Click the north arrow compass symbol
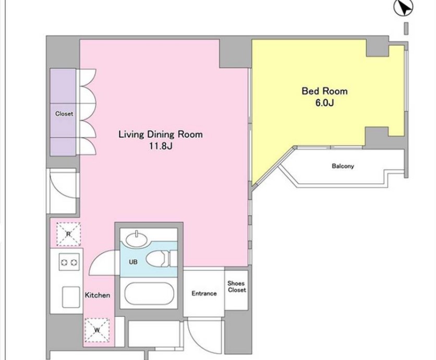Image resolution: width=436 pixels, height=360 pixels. pyautogui.click(x=403, y=7)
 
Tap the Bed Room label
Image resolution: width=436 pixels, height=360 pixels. pyautogui.click(x=324, y=91)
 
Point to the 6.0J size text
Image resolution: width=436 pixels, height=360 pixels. pyautogui.click(x=324, y=103)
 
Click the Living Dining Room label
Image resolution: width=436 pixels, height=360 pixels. pyautogui.click(x=161, y=135)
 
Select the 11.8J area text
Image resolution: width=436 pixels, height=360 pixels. pyautogui.click(x=161, y=146)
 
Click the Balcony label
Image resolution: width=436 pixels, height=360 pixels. pyautogui.click(x=343, y=166)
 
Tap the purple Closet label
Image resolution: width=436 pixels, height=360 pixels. pyautogui.click(x=64, y=114)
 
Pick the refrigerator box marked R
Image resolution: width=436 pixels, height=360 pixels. pyautogui.click(x=68, y=234)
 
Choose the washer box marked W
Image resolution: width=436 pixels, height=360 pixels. pyautogui.click(x=97, y=330)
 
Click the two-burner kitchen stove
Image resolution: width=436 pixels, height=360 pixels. pyautogui.click(x=69, y=262)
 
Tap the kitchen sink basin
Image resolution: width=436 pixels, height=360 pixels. pyautogui.click(x=71, y=297)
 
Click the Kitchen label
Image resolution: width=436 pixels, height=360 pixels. pyautogui.click(x=98, y=295)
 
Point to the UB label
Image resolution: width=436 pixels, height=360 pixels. pyautogui.click(x=133, y=262)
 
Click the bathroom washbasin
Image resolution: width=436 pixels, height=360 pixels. pyautogui.click(x=137, y=239)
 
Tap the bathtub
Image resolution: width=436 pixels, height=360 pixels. pyautogui.click(x=149, y=294)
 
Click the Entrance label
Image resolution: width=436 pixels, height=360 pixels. pyautogui.click(x=204, y=294)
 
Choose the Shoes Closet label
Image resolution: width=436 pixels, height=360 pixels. pyautogui.click(x=237, y=287)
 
